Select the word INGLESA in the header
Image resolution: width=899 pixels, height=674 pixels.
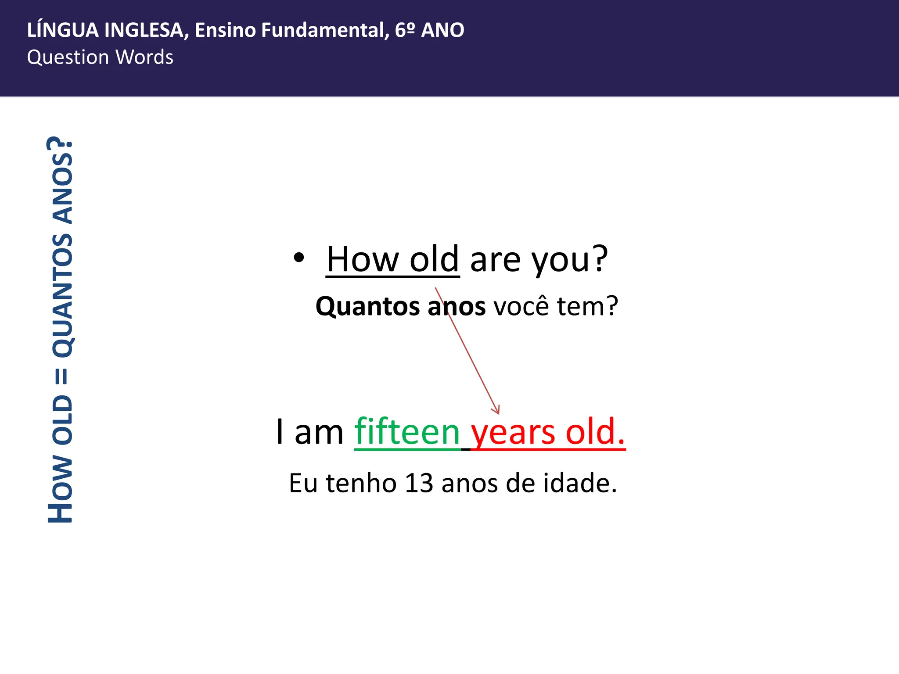(147, 30)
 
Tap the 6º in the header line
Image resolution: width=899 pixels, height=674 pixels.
(405, 30)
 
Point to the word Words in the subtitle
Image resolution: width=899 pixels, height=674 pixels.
(144, 57)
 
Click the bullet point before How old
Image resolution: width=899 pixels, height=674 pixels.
(298, 258)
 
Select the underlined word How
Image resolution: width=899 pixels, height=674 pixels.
(363, 259)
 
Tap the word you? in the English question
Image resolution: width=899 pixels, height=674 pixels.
(570, 260)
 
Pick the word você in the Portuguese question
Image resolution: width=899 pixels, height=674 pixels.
(521, 306)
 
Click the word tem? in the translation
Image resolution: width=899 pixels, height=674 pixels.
(587, 306)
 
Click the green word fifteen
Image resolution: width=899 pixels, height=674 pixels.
(407, 432)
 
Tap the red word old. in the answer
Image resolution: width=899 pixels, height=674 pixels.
(595, 432)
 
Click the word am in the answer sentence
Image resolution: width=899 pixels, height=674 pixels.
(319, 433)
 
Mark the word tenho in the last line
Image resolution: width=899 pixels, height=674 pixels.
(361, 483)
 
